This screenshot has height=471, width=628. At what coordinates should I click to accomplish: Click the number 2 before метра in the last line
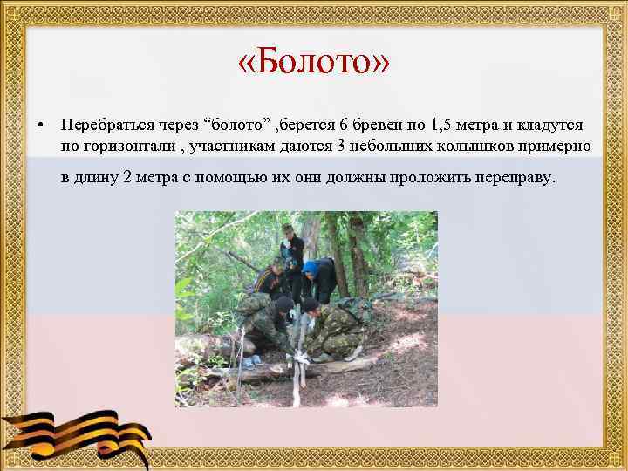coord(128,178)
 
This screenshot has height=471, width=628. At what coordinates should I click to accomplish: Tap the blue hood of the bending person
coord(311,267)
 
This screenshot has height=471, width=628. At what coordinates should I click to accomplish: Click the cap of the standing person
coord(287,229)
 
